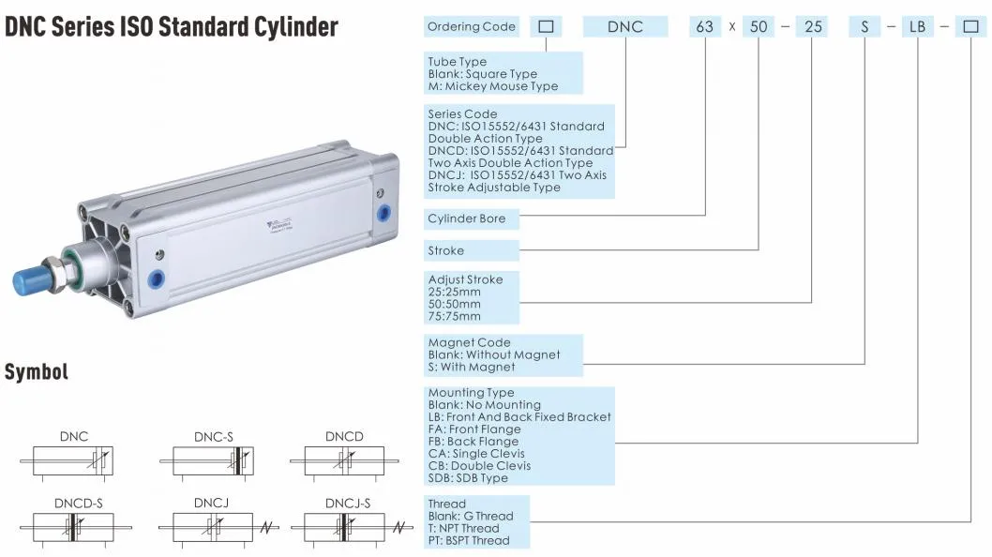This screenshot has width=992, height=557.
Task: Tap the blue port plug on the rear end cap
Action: coord(383,213)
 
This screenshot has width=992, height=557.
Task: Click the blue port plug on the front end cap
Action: coord(156,278)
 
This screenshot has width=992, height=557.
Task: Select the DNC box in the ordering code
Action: coord(625,26)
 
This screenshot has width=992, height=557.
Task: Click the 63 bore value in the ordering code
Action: coord(705,26)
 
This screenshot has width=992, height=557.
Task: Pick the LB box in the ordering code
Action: coord(917,26)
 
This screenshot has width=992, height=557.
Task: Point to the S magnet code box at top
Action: coord(864,26)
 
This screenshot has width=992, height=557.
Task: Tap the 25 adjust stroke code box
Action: coord(813,26)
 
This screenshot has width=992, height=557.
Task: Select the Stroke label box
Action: coord(472,250)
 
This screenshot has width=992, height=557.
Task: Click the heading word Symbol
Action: coord(36,371)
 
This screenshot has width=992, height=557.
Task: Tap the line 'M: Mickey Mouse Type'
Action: coord(493,86)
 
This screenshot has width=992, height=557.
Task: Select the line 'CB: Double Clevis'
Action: coord(479,465)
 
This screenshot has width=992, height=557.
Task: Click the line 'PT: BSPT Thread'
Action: coord(468,540)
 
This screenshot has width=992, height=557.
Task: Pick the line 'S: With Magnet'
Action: coord(472,368)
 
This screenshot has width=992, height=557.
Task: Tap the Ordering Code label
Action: coord(472,26)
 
